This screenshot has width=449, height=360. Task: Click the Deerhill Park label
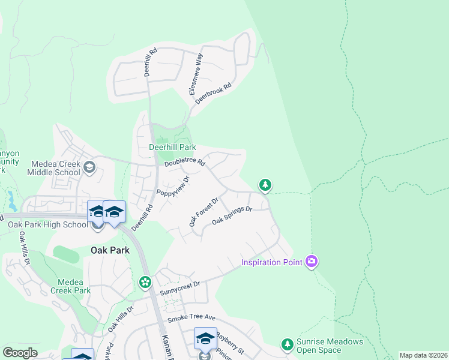coord(172,148)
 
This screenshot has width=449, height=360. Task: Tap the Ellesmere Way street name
coord(196,74)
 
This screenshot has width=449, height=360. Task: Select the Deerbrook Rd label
coord(213,95)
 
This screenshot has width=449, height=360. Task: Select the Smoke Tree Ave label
coord(191,318)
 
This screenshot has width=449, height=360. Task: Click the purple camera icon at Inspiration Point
coord(311,262)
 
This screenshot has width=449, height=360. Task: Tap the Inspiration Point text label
coord(273,262)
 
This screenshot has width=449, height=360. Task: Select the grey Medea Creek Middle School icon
coord(89,167)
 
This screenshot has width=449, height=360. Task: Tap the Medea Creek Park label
coord(74,286)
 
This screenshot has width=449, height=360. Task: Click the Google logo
coord(20,353)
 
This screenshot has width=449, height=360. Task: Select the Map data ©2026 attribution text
coord(424,355)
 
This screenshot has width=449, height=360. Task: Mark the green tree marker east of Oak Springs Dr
coord(265,185)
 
